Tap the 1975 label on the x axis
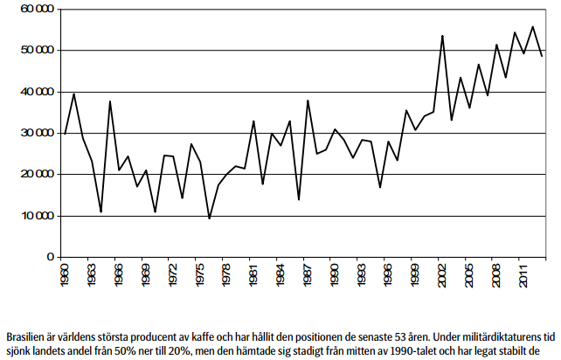pyautogui.click(x=201, y=276)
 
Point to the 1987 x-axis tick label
pyautogui.click(x=309, y=276)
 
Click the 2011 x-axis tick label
pyautogui.click(x=524, y=276)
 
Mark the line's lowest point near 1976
pyautogui.click(x=209, y=218)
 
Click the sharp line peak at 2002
pyautogui.click(x=442, y=36)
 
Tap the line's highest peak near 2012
pyautogui.click(x=532, y=26)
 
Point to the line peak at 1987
pyautogui.click(x=308, y=100)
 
